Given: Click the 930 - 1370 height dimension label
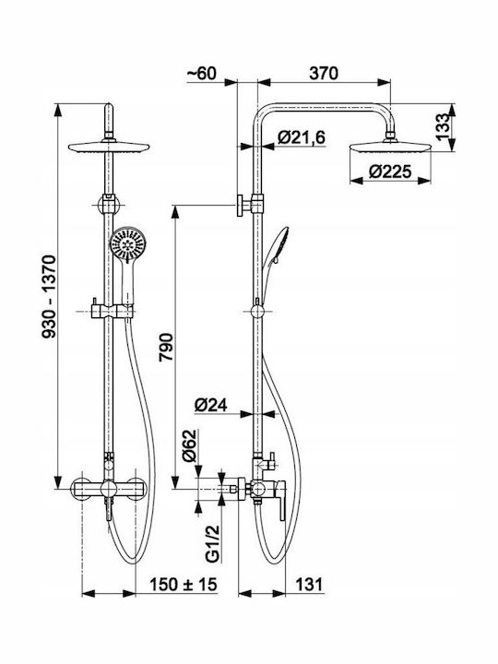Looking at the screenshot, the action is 49,296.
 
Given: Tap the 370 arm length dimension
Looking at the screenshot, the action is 324,73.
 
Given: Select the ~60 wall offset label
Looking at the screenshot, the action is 202,73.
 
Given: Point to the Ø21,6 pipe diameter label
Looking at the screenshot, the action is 302,137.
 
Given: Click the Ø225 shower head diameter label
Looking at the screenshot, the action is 389,172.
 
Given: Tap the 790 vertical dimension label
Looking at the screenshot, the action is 166,348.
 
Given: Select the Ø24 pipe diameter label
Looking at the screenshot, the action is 211,405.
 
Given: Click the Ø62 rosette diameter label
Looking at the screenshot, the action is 189,445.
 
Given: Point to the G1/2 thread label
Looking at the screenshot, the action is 213,543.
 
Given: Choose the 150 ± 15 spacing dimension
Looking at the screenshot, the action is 183,585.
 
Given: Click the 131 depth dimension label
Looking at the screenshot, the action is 309,585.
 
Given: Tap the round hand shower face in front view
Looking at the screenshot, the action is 127,244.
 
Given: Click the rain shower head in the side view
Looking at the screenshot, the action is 390,146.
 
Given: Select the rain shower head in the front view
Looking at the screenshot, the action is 109,146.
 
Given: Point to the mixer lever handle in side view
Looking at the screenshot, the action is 280,501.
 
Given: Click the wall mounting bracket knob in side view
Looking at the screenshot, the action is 240,206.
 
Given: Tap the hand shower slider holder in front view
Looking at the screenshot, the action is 113,312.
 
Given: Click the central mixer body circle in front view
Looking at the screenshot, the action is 109,489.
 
